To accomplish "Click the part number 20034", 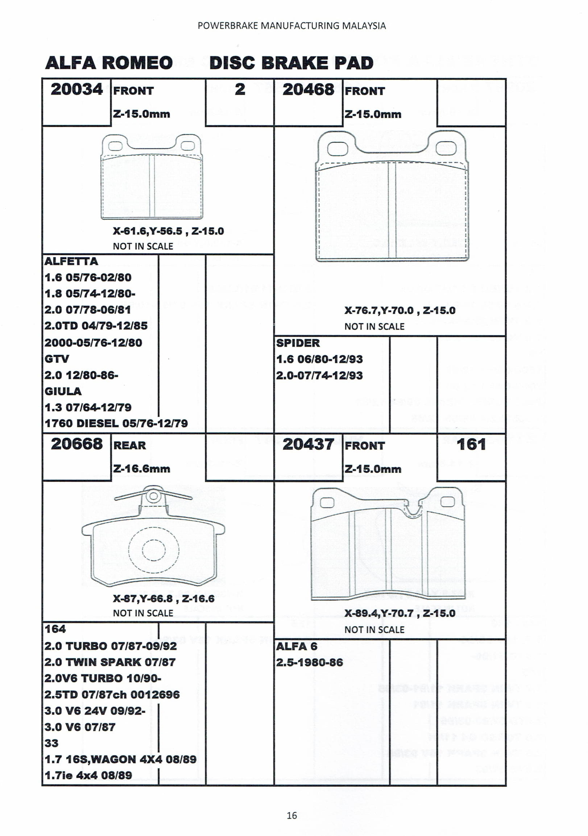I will [76, 90].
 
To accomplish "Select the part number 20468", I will [308, 90].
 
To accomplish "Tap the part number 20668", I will [76, 444].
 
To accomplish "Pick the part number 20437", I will [308, 444].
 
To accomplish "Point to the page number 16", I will [291, 815].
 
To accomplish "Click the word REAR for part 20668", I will [130, 445].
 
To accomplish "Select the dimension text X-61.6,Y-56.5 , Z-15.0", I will [168, 231].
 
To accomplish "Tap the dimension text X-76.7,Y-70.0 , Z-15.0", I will [400, 311].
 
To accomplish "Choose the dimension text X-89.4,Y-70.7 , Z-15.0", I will [400, 613].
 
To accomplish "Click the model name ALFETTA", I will [71, 261].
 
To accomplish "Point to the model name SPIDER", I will [298, 343].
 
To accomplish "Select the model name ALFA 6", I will [297, 646].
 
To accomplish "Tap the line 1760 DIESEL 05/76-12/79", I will [116, 423].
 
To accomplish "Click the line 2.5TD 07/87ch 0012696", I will [112, 694].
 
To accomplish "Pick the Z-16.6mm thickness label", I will [142, 469].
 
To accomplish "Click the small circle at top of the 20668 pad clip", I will [154, 496].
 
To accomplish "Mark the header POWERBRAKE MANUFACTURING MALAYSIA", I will [291, 26].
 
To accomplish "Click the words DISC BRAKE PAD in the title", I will [291, 63].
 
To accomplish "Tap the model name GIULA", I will [63, 391].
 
